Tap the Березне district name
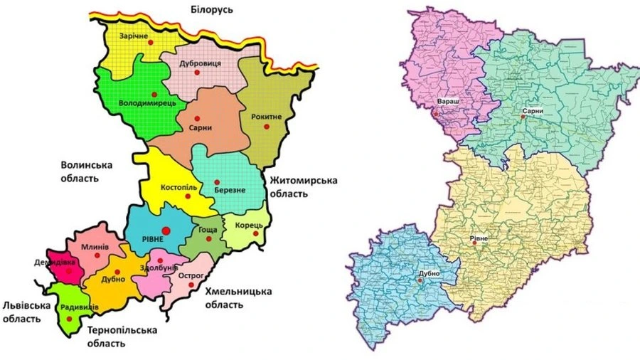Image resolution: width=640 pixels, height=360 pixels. (225, 190)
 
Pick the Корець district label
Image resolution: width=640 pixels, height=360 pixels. (248, 225)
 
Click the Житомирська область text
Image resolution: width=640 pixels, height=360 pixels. (302, 186)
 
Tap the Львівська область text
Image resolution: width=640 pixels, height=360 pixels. (26, 312)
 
